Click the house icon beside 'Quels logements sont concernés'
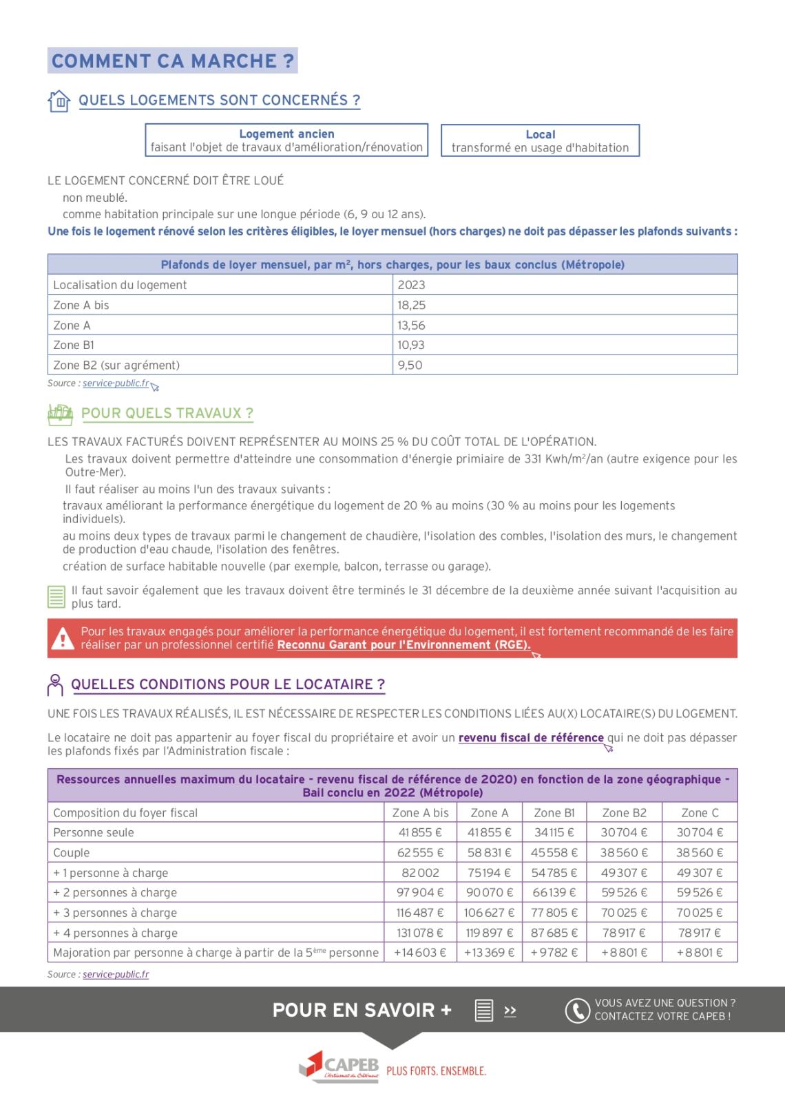click(59, 101)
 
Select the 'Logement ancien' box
click(286, 140)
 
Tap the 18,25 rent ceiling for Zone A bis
click(411, 305)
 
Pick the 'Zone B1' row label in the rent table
click(74, 345)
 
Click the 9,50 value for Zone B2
click(410, 365)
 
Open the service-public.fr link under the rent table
click(116, 383)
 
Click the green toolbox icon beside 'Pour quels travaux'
click(60, 414)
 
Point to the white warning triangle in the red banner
click(63, 638)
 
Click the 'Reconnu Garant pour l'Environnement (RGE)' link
click(404, 645)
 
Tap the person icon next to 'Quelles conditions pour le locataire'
click(56, 684)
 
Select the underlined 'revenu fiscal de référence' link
click(531, 738)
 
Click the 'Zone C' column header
click(700, 812)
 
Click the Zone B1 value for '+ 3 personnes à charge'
click(554, 913)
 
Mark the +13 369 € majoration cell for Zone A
click(489, 953)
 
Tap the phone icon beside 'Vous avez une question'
click(577, 1010)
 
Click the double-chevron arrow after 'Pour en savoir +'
click(510, 1011)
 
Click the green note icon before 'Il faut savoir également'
click(56, 597)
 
